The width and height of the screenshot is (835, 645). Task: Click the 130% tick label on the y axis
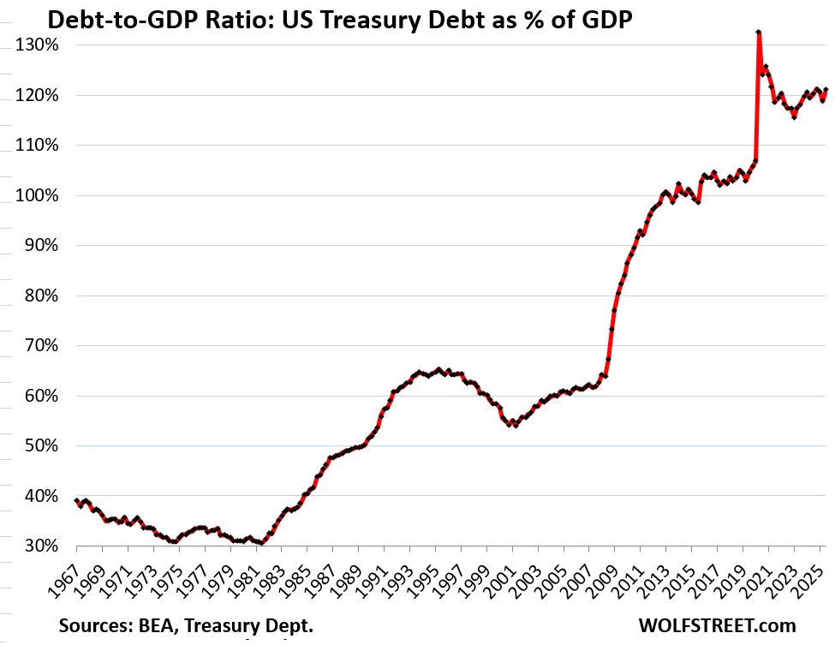point(37,45)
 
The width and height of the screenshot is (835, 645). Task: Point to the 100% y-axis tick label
point(37,196)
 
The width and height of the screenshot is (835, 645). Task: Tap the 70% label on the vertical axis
point(40,346)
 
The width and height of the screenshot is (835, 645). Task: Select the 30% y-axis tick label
point(40,546)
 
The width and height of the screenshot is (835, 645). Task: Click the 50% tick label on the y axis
point(40,446)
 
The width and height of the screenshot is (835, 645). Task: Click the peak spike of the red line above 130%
point(759,33)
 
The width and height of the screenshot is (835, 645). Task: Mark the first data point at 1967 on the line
point(76,500)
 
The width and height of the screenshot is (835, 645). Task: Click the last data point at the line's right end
point(825,90)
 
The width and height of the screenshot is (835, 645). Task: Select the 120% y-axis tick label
point(37,96)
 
